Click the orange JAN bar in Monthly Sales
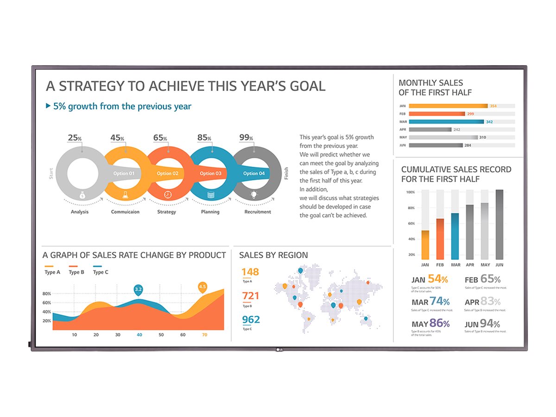(x=448, y=106)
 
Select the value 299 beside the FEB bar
(x=470, y=114)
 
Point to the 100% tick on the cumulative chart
(x=411, y=192)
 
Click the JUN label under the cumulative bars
(x=499, y=265)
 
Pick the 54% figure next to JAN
(x=437, y=279)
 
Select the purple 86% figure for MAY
(x=439, y=323)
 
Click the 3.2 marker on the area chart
(x=138, y=290)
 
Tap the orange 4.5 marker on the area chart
(x=202, y=287)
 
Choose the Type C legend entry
(x=100, y=272)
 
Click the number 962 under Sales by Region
(x=251, y=320)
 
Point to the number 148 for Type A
(x=250, y=272)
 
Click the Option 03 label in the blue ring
(x=210, y=174)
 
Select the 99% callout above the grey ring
(x=246, y=138)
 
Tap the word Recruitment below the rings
(x=258, y=212)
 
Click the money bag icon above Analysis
(x=82, y=195)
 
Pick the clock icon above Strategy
(x=168, y=195)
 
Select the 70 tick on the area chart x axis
(x=204, y=335)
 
